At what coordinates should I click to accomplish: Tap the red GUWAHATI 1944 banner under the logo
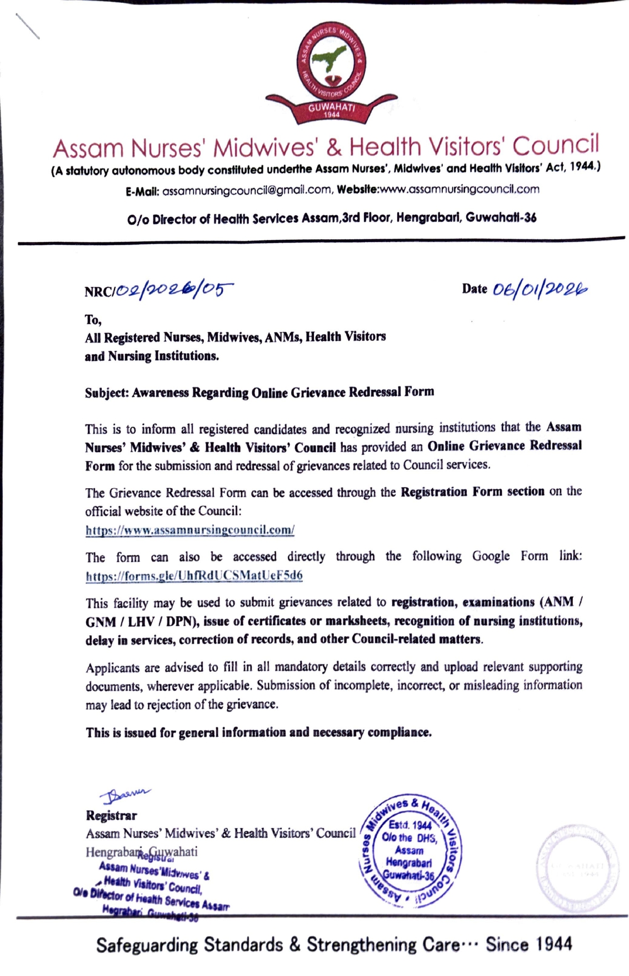point(331,110)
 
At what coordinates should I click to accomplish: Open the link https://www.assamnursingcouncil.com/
point(190,530)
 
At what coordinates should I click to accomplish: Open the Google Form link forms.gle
point(194,576)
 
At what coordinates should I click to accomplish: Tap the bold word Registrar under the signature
point(111,815)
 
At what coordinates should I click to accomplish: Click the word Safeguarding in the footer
point(147,944)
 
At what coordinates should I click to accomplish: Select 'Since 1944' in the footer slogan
point(528,944)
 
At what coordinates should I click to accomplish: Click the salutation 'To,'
point(93,320)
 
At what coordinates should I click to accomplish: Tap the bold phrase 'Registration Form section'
point(472,492)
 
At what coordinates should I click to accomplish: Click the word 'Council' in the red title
point(555,146)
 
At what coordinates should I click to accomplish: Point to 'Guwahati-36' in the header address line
point(501,217)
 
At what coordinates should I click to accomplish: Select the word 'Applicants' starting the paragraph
point(112,667)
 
